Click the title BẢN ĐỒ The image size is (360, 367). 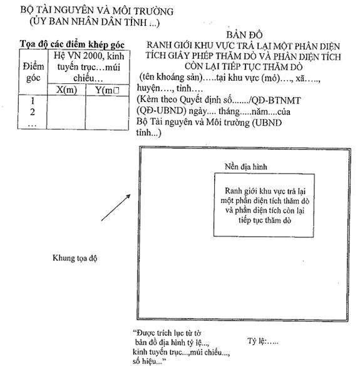(244, 35)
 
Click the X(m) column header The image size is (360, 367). (66, 90)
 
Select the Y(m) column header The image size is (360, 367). (107, 90)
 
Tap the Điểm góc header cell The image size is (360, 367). (33, 72)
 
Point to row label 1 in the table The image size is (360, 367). (33, 101)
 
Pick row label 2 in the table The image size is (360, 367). (33, 112)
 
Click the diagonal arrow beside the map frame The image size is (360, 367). (116, 207)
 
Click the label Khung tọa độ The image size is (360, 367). (75, 258)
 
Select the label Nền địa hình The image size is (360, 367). (245, 167)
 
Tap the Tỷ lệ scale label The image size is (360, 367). (263, 341)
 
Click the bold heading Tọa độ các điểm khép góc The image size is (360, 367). (72, 44)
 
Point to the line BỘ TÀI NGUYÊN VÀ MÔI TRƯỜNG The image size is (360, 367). (97, 11)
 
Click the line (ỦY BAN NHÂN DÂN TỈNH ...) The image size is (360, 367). (95, 22)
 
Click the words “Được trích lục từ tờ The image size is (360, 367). (167, 333)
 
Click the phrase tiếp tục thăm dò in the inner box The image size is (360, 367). (265, 220)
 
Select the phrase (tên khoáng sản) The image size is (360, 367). (171, 77)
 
